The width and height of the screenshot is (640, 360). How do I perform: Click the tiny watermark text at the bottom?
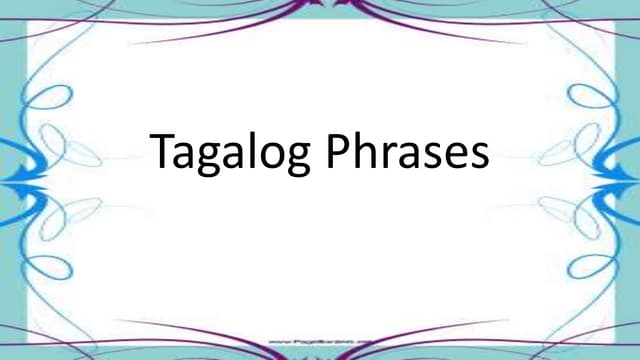tap(321, 342)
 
